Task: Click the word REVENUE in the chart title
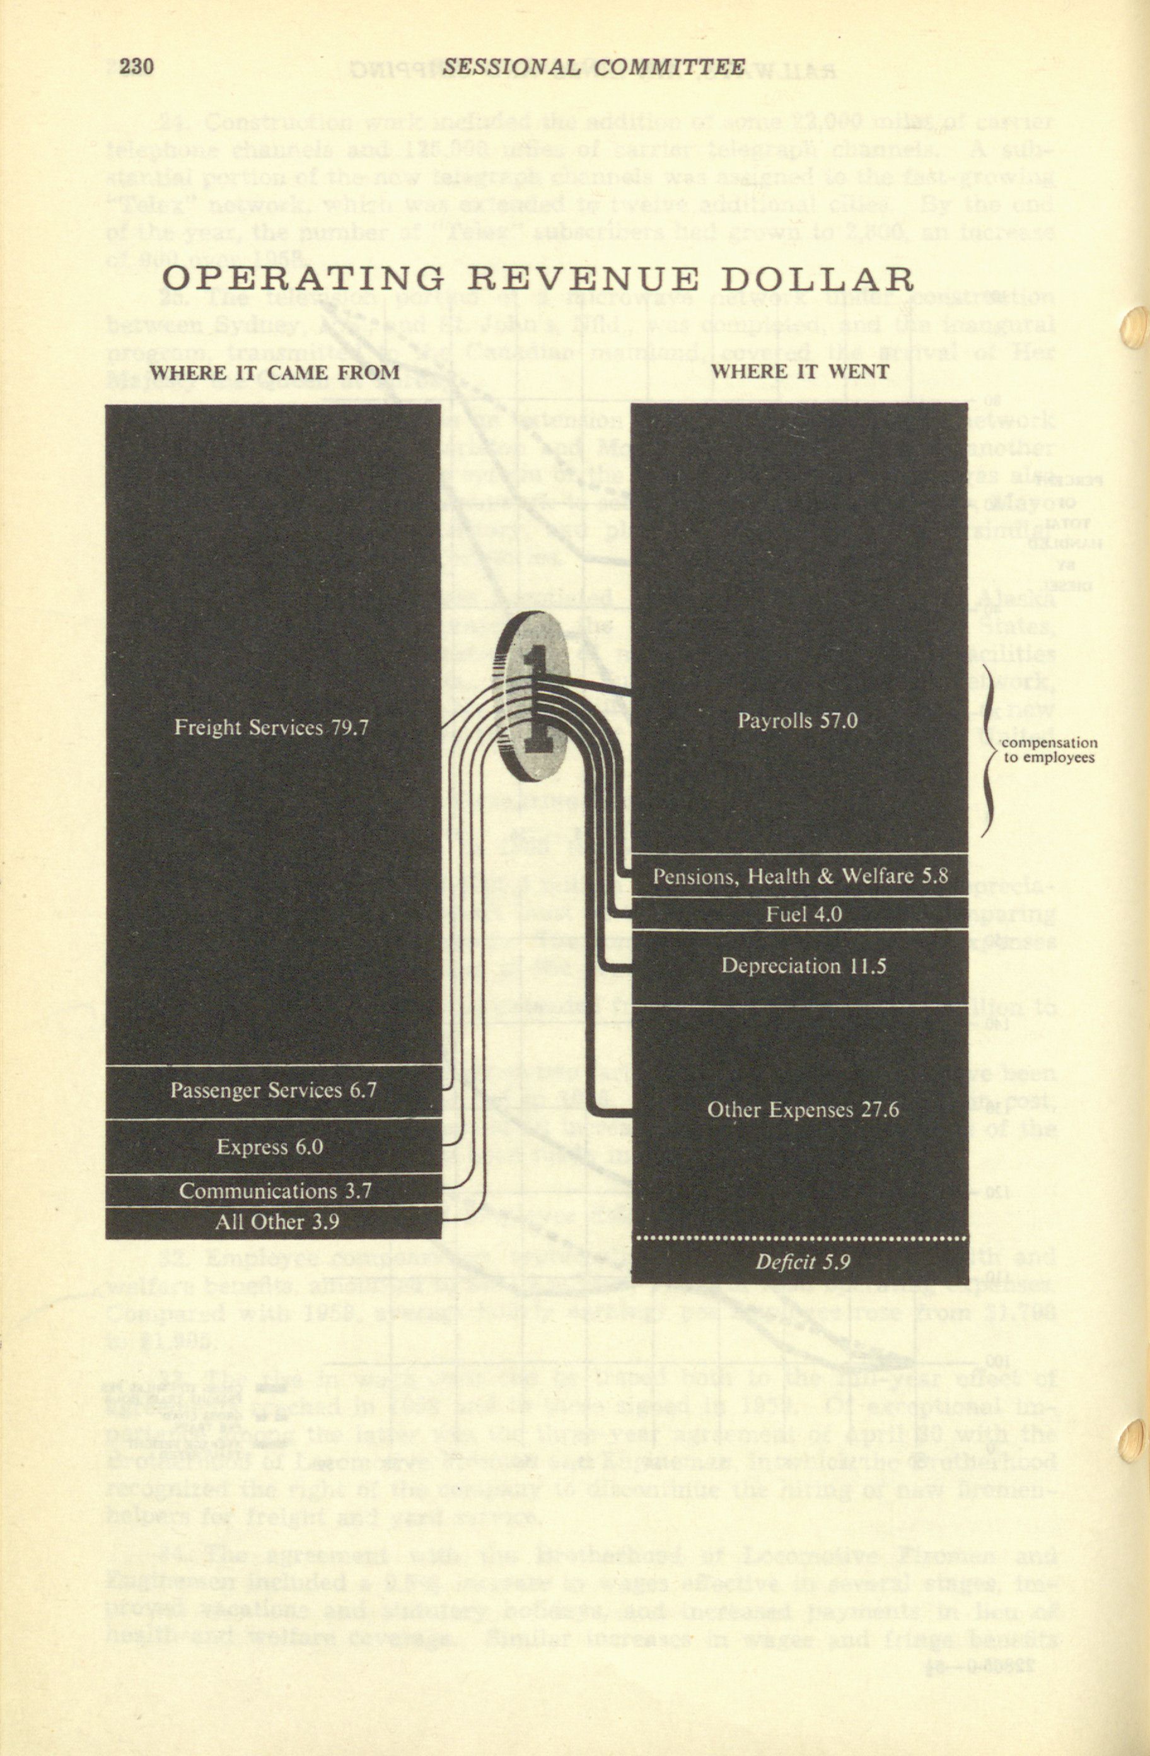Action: point(582,279)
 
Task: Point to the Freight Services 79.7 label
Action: point(272,729)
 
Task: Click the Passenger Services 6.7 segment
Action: point(274,1090)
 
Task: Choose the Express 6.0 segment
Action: point(270,1147)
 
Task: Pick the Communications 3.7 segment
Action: point(274,1190)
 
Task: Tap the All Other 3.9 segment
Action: point(277,1222)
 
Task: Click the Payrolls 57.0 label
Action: point(798,720)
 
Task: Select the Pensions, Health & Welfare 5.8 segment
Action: point(800,877)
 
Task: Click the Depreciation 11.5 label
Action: point(803,966)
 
